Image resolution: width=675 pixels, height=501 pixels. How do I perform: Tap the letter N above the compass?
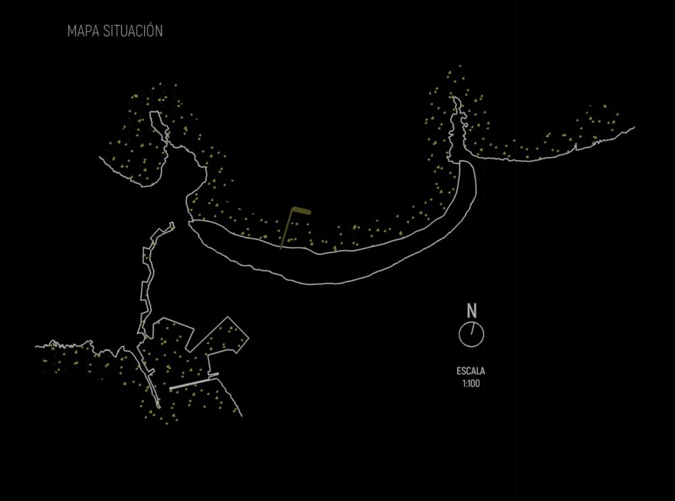pyautogui.click(x=472, y=310)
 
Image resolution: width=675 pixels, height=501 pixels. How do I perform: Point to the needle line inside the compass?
pyautogui.click(x=473, y=328)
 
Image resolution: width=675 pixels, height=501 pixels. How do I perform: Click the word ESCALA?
pyautogui.click(x=471, y=371)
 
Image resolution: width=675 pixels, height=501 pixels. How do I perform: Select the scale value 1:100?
pyautogui.click(x=471, y=384)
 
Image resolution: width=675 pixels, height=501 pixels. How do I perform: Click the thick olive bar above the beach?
pyautogui.click(x=301, y=210)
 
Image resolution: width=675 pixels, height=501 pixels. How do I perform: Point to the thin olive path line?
pyautogui.click(x=287, y=229)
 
